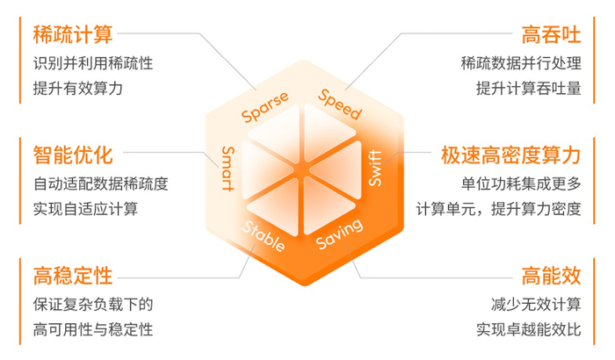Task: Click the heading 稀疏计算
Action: [x=73, y=34]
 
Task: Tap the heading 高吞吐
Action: [x=551, y=34]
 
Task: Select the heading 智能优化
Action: [x=73, y=155]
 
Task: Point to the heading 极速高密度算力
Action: [x=510, y=155]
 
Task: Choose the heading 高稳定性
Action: [x=73, y=275]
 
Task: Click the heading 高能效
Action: [x=551, y=275]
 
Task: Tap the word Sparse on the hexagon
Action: [x=265, y=106]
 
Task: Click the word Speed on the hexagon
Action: [x=340, y=104]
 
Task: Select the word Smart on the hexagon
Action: [x=228, y=169]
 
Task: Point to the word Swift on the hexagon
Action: [x=375, y=168]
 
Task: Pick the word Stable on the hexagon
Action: [x=264, y=235]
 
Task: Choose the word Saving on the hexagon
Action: [x=340, y=234]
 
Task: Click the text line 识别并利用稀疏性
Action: [x=93, y=63]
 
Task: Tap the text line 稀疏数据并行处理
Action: [x=521, y=63]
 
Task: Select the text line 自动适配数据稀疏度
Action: [x=101, y=184]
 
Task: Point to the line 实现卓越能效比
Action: [x=528, y=329]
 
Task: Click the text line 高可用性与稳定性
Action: [x=93, y=329]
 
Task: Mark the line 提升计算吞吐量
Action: [x=528, y=88]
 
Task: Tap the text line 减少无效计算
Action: [x=536, y=305]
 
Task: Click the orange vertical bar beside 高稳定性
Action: [x=20, y=301]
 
